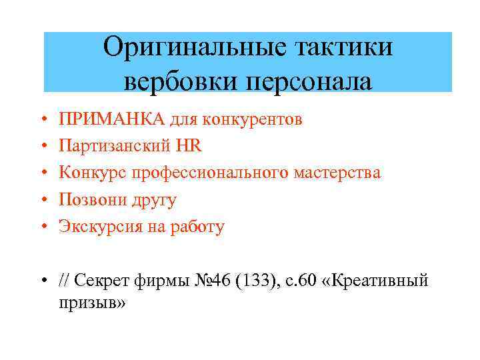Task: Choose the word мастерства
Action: click(x=338, y=173)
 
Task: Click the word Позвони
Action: click(x=88, y=199)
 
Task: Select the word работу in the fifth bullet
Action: click(x=197, y=227)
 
